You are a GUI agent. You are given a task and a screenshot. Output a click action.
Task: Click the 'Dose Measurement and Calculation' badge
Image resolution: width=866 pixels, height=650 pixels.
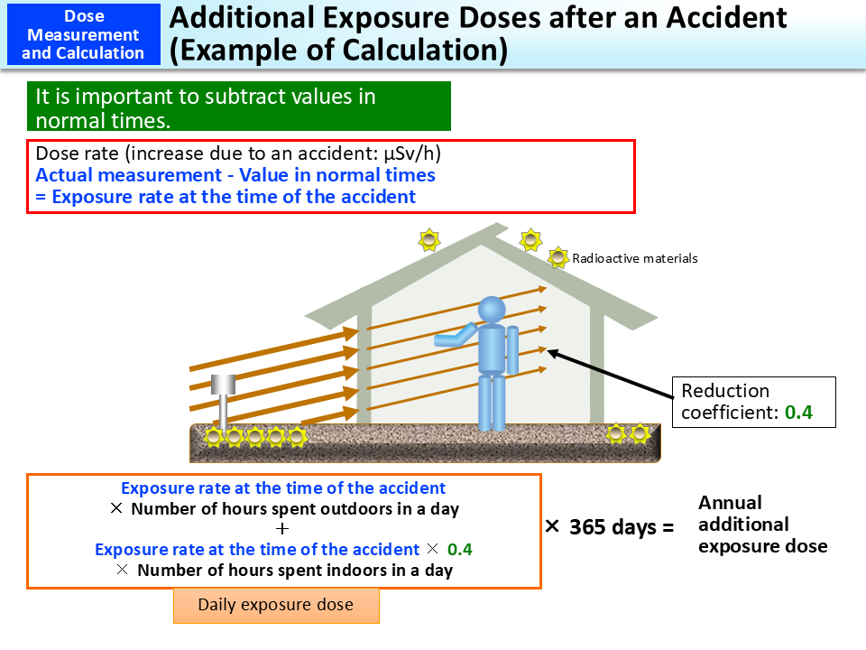(83, 34)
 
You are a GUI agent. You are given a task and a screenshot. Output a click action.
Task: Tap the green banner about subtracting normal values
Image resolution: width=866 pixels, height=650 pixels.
(238, 107)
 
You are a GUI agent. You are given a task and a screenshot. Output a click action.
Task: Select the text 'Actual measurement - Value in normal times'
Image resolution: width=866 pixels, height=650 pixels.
(235, 175)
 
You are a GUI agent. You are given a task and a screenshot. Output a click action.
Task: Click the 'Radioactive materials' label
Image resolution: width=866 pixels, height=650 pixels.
(635, 258)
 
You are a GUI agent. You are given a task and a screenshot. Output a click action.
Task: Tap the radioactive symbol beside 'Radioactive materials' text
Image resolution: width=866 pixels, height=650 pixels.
(558, 256)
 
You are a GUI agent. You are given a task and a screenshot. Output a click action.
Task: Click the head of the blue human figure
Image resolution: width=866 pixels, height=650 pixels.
(492, 309)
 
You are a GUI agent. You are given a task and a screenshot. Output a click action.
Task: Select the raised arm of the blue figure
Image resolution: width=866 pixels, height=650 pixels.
(456, 337)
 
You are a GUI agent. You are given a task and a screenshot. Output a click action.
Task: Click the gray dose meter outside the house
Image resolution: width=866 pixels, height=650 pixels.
(223, 396)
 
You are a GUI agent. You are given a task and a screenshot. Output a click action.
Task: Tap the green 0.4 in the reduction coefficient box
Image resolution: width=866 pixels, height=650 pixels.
(797, 413)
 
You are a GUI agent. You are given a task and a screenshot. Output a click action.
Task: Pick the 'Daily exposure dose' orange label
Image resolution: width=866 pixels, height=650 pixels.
(276, 605)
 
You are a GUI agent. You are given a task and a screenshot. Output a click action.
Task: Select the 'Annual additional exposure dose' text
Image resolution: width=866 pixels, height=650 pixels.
(762, 525)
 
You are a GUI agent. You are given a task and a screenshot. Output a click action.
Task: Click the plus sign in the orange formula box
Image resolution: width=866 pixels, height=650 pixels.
(283, 529)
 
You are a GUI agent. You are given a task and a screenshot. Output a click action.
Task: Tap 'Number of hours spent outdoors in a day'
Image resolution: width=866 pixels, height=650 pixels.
(294, 508)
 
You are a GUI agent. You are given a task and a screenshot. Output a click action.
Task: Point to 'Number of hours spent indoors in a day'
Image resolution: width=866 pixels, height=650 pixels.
(294, 570)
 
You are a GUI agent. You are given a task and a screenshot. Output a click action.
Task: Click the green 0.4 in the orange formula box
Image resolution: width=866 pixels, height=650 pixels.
(460, 549)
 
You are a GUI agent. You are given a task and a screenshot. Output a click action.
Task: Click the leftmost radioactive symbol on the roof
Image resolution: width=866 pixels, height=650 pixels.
(428, 240)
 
